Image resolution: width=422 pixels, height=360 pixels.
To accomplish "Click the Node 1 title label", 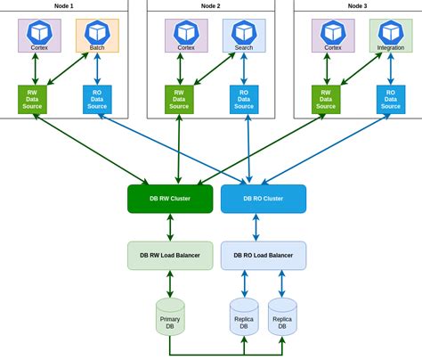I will click(x=64, y=6).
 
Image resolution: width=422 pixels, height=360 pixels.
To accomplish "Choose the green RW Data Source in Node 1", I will click(x=33, y=98).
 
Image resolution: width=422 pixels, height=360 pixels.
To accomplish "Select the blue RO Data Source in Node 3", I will click(x=389, y=98).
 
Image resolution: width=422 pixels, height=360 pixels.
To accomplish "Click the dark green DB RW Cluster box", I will click(x=170, y=199).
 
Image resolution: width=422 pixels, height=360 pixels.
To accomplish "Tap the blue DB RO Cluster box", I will click(x=263, y=199).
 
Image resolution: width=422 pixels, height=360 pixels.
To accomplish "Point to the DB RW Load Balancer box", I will click(x=170, y=255).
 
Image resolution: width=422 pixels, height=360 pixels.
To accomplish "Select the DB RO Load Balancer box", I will click(x=263, y=255).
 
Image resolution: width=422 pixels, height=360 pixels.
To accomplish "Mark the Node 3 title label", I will click(x=357, y=6).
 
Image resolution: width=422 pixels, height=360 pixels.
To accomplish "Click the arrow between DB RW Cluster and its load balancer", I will click(x=170, y=227).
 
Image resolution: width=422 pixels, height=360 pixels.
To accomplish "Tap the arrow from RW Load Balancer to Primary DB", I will click(x=170, y=283).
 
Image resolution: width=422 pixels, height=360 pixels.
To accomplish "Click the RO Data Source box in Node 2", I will click(x=243, y=98).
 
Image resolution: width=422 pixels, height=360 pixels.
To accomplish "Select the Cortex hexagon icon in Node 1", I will click(x=40, y=31).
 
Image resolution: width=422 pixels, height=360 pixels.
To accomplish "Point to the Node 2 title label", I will click(x=210, y=6).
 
